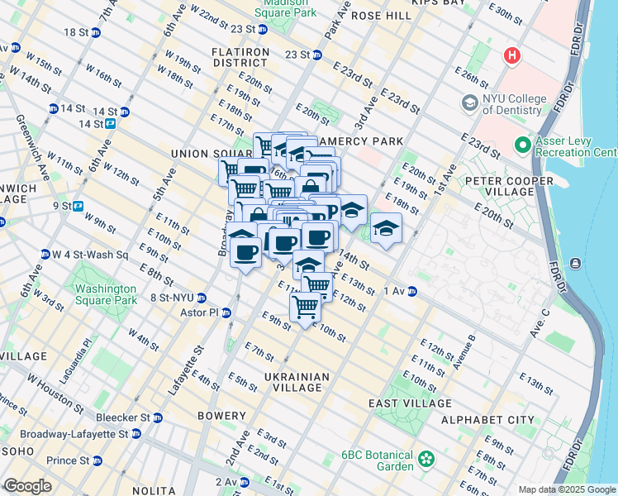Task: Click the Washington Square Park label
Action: (x=106, y=294)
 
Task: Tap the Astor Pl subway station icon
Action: (x=226, y=312)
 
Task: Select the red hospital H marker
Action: (x=512, y=56)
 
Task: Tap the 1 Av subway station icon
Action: (x=411, y=291)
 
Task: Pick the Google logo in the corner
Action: (x=27, y=486)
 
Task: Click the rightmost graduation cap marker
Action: (x=386, y=229)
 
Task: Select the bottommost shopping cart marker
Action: (x=306, y=308)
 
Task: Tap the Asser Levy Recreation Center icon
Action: (x=522, y=145)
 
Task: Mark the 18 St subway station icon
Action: (x=96, y=32)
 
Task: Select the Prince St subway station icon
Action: (x=97, y=460)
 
